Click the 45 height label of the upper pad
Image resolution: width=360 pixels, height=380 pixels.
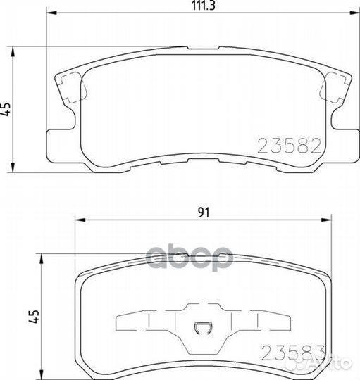pos(7,108)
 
